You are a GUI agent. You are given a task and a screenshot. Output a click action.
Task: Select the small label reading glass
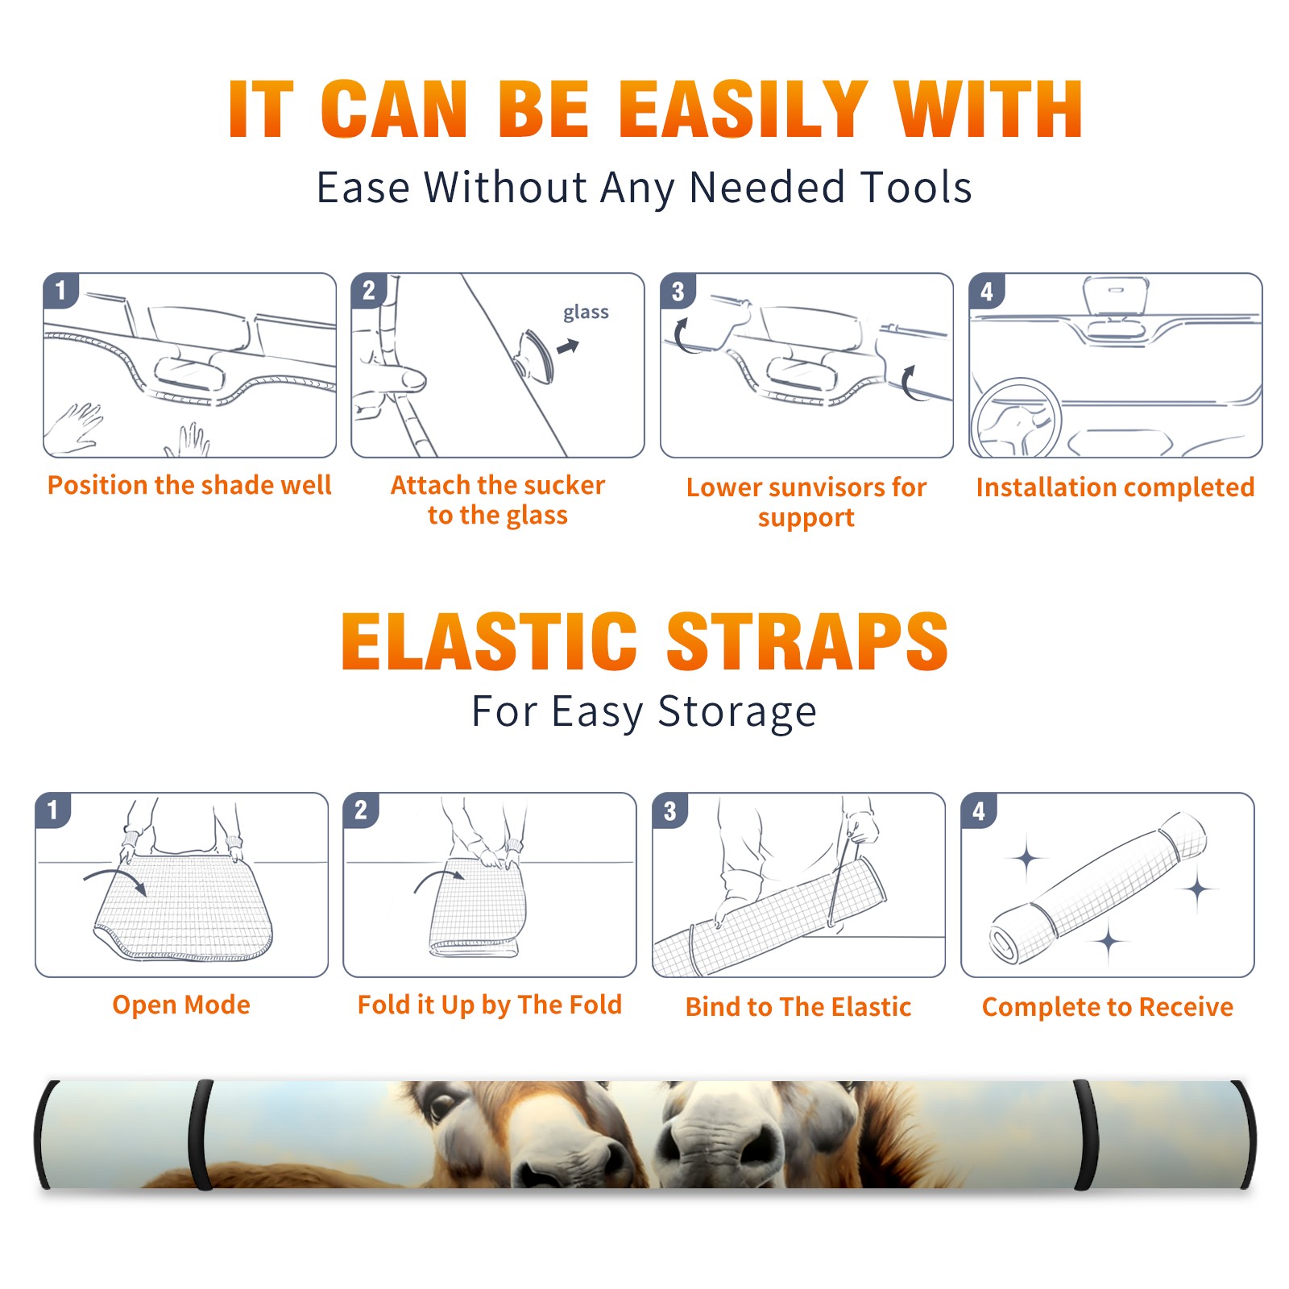586,313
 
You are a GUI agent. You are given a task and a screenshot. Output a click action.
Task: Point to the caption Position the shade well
189,485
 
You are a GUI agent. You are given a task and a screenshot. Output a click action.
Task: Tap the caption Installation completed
1115,487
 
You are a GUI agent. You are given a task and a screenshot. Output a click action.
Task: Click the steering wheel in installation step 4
1016,419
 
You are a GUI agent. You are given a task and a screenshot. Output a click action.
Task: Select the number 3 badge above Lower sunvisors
678,291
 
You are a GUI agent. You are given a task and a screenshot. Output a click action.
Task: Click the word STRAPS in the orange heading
807,641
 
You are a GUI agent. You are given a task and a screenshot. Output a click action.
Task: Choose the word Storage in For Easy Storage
737,713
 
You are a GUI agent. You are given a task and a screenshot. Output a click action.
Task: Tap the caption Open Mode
181,1005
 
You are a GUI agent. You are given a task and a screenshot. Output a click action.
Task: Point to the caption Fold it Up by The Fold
490,1005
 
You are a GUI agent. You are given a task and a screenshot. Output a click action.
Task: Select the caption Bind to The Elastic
798,1007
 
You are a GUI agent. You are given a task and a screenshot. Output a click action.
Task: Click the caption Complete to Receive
1108,1007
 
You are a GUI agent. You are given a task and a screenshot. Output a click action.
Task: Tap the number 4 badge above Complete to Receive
979,810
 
